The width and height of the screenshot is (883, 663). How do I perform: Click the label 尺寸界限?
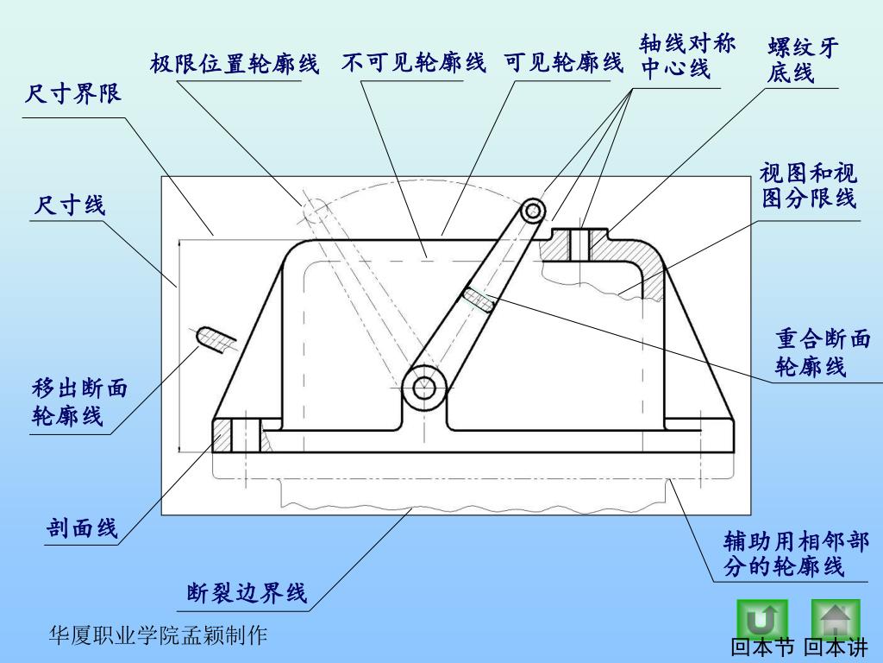point(73,93)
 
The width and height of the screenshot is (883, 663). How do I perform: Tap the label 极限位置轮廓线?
point(235,64)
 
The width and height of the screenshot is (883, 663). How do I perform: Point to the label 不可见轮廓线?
point(413,62)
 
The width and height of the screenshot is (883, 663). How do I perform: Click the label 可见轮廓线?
point(563,62)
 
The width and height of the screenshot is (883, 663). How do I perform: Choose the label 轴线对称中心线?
point(687,56)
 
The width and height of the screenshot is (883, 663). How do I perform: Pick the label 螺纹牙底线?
point(802,60)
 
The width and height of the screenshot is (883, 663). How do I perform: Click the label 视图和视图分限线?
point(808,186)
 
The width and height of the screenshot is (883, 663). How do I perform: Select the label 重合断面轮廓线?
point(823,352)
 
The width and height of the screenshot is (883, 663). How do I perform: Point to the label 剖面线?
point(83,528)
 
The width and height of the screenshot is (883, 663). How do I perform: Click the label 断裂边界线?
point(247,594)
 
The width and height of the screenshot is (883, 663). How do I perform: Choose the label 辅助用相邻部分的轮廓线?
point(795,554)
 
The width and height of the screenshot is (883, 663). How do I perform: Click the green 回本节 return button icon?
point(761,619)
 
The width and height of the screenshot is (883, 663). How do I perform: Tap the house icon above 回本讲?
point(835,619)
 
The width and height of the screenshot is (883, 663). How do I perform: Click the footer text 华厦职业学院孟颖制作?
point(158,636)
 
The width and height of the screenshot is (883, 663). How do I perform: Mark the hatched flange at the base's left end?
point(223,435)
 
